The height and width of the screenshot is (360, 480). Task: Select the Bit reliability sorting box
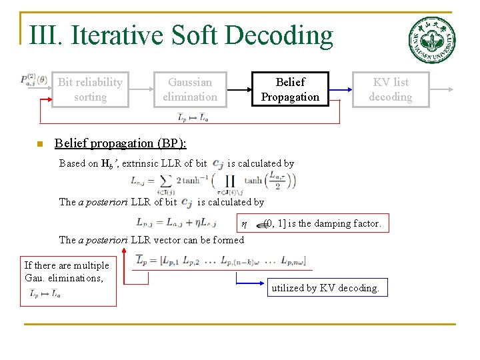pos(90,89)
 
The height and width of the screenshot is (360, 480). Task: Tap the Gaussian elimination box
pos(190,89)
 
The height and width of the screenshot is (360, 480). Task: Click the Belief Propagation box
pos(290,89)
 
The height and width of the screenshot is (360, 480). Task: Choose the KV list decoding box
pos(390,89)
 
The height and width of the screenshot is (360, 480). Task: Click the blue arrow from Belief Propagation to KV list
pos(341,89)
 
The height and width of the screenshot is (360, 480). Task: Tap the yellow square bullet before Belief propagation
pos(40,144)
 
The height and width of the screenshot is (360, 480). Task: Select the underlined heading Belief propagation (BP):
pos(121,143)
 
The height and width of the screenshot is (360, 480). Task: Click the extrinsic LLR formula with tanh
pos(213,181)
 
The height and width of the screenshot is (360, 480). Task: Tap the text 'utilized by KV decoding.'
pos(325,288)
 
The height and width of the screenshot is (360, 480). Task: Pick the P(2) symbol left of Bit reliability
pos(33,79)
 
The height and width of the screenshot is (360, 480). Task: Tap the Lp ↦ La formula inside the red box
pos(45,293)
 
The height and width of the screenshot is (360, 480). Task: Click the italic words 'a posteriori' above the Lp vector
pos(103,240)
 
